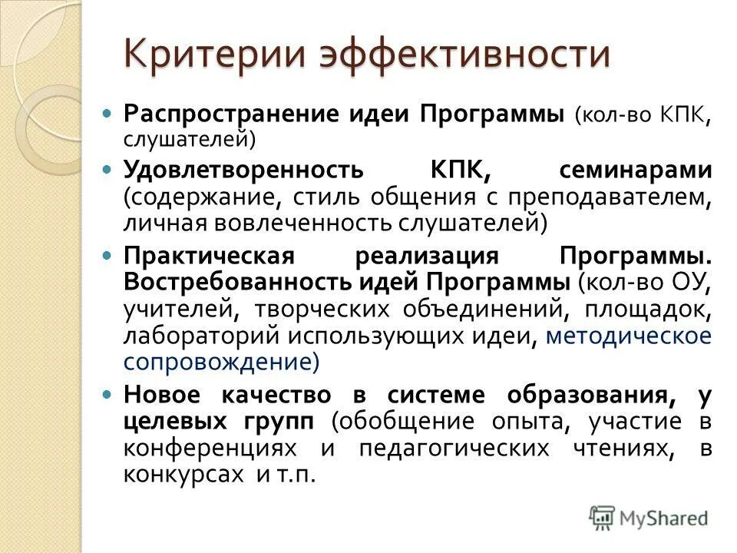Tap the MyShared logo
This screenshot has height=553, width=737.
click(x=649, y=518)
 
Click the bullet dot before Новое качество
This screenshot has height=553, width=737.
click(x=108, y=395)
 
